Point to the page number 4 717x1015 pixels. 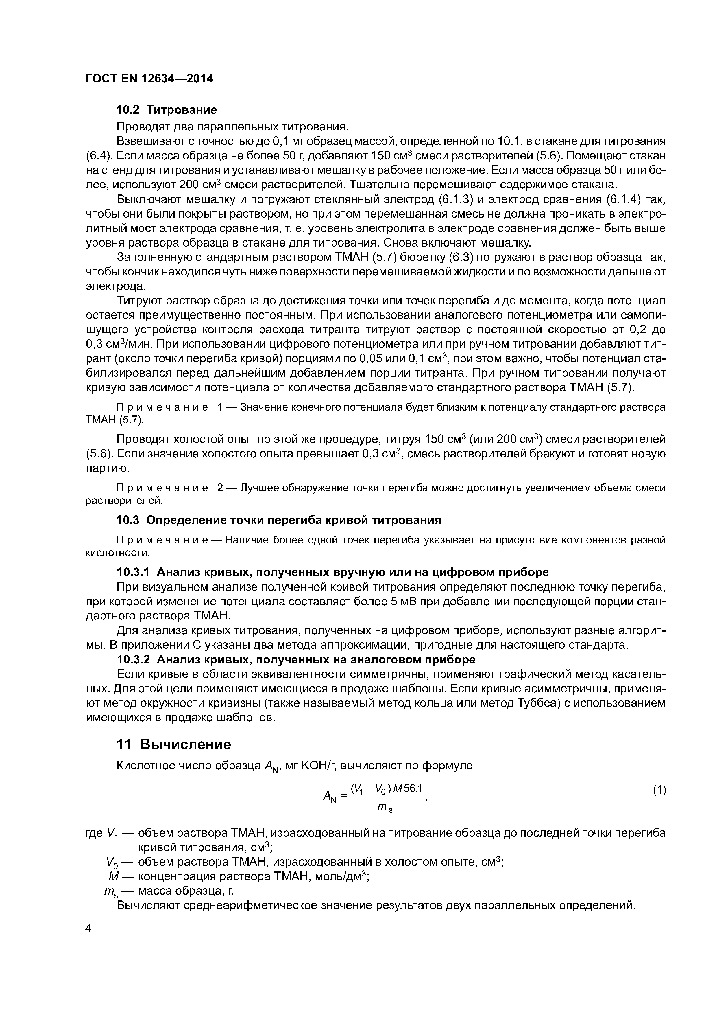pos(88,928)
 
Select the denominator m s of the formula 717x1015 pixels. pos(385,808)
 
